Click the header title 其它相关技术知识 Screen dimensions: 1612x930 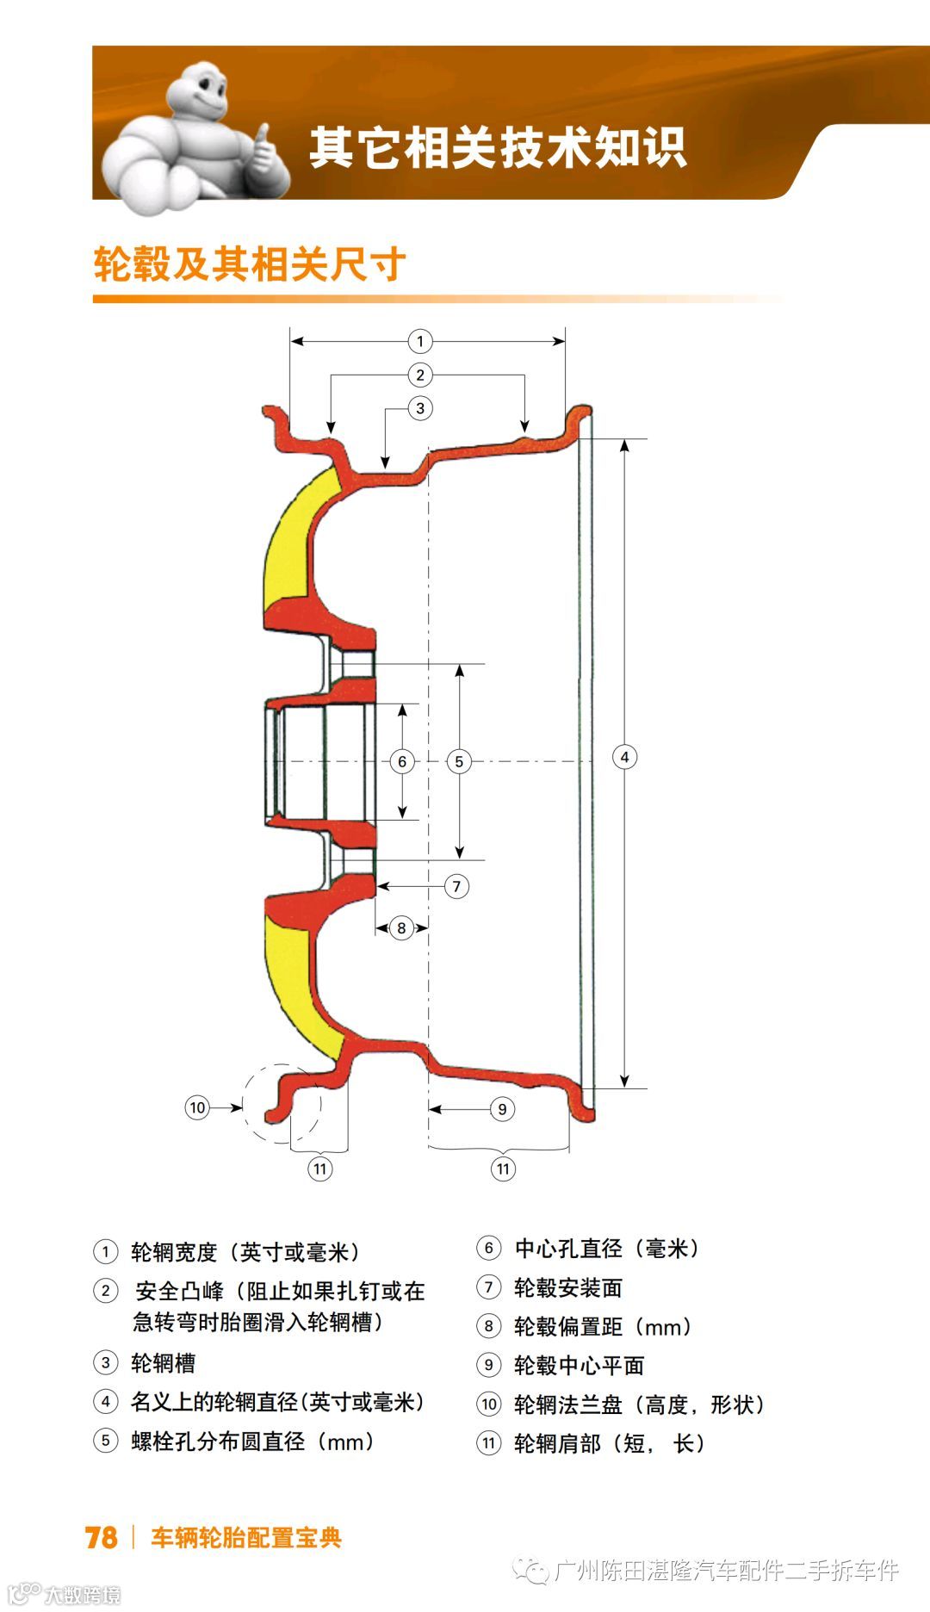coord(497,147)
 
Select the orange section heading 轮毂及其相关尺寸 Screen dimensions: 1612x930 coord(249,263)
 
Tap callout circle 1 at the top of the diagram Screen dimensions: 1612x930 coord(419,341)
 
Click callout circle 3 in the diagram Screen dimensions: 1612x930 coord(420,408)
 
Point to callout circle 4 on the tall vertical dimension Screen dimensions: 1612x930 coord(624,757)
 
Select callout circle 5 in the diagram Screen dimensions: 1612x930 coord(459,761)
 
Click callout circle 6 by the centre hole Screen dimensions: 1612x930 coord(401,761)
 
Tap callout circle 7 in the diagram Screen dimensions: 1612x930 coord(456,886)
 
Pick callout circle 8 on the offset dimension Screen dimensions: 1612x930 coord(401,928)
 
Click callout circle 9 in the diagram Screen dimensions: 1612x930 coord(502,1109)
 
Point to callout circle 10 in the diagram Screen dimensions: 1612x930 coord(197,1107)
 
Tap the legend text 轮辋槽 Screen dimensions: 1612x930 coord(163,1363)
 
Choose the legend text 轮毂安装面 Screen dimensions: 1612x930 coord(567,1288)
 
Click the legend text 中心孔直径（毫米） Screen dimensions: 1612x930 coord(607,1249)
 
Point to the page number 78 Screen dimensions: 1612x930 coord(101,1538)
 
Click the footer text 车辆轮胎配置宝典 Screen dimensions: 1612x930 coord(246,1538)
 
